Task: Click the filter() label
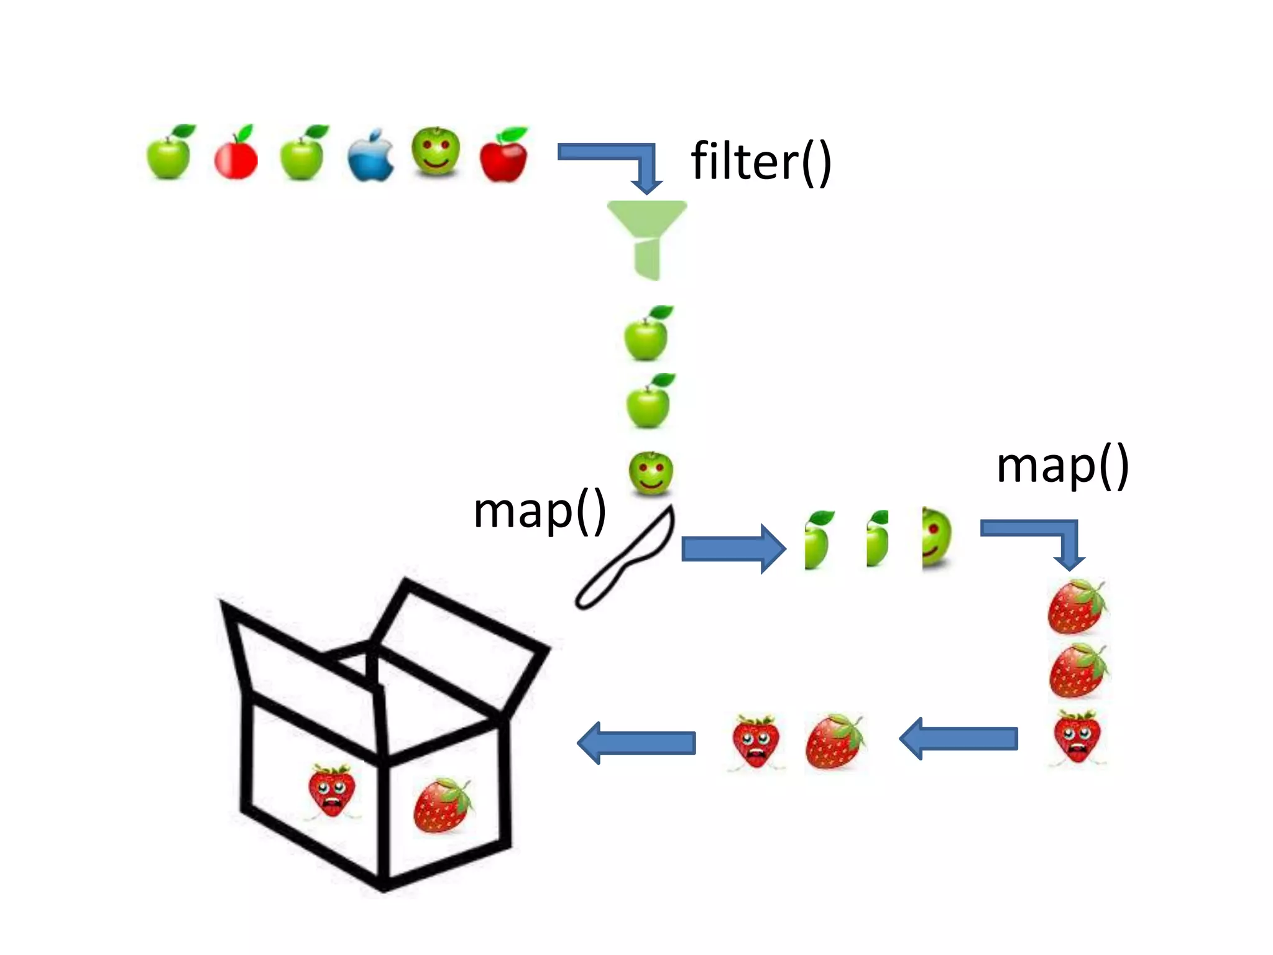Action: (x=761, y=162)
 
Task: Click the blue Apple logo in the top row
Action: (x=370, y=156)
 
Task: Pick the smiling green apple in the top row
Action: (x=436, y=152)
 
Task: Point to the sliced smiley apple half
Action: (x=936, y=538)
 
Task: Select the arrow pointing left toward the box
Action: (x=637, y=742)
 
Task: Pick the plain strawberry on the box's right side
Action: (x=442, y=806)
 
